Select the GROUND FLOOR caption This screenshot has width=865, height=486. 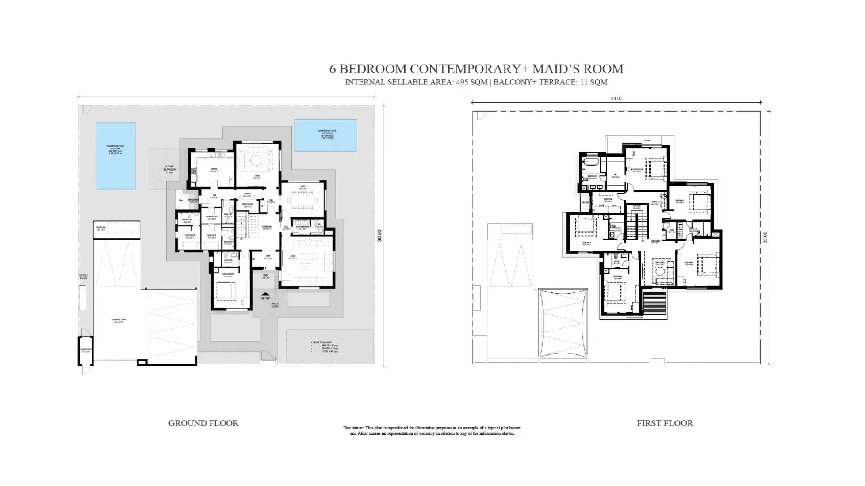pyautogui.click(x=203, y=423)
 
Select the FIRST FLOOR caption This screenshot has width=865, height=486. pyautogui.click(x=664, y=423)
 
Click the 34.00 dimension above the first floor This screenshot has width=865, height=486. pyautogui.click(x=616, y=99)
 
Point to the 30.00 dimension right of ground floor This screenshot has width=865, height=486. pyautogui.click(x=379, y=235)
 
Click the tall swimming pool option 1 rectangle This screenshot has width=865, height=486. pyautogui.click(x=115, y=156)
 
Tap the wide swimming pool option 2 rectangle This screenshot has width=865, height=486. pyautogui.click(x=325, y=135)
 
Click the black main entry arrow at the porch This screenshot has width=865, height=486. pyautogui.click(x=265, y=294)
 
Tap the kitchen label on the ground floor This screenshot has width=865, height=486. pyautogui.click(x=213, y=169)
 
